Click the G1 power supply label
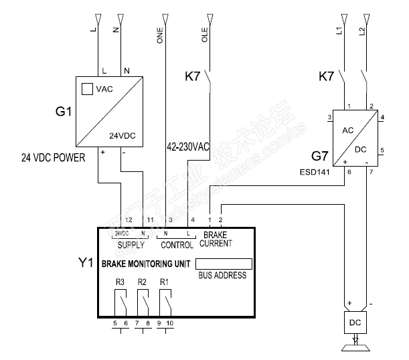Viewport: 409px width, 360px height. (x=63, y=112)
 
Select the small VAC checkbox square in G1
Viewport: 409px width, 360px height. (x=87, y=88)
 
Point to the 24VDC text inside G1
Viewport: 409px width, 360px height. (x=122, y=135)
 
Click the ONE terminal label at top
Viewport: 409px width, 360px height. (x=160, y=34)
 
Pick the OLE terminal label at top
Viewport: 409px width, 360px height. (x=205, y=35)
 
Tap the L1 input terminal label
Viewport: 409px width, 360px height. (x=340, y=31)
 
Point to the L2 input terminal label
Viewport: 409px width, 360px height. (x=363, y=31)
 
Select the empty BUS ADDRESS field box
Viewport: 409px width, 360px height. (x=224, y=264)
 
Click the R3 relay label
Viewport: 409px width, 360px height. (x=120, y=282)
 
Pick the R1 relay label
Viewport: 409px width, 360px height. (x=165, y=282)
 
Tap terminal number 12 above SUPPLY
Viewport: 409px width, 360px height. (x=129, y=219)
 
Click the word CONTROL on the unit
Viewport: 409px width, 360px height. (x=177, y=245)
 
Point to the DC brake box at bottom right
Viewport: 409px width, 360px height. (x=355, y=322)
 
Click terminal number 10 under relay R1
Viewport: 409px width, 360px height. (x=170, y=324)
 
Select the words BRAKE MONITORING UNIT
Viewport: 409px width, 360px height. (x=146, y=264)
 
